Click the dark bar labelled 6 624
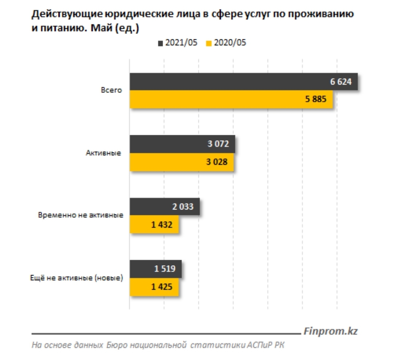click(x=243, y=82)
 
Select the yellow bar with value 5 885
click(x=231, y=99)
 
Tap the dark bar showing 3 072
click(x=182, y=144)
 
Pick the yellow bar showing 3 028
click(x=182, y=162)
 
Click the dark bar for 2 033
click(x=165, y=207)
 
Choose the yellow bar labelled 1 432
click(x=154, y=224)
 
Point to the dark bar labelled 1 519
click(x=155, y=269)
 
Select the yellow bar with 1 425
click(x=154, y=287)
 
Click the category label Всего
click(x=111, y=90)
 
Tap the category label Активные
click(x=104, y=153)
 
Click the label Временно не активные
click(x=81, y=215)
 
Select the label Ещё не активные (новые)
click(x=77, y=278)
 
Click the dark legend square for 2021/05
click(x=160, y=43)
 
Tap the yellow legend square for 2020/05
click(x=209, y=43)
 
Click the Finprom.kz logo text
click(x=331, y=331)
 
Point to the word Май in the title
click(x=101, y=28)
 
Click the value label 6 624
click(x=341, y=82)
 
